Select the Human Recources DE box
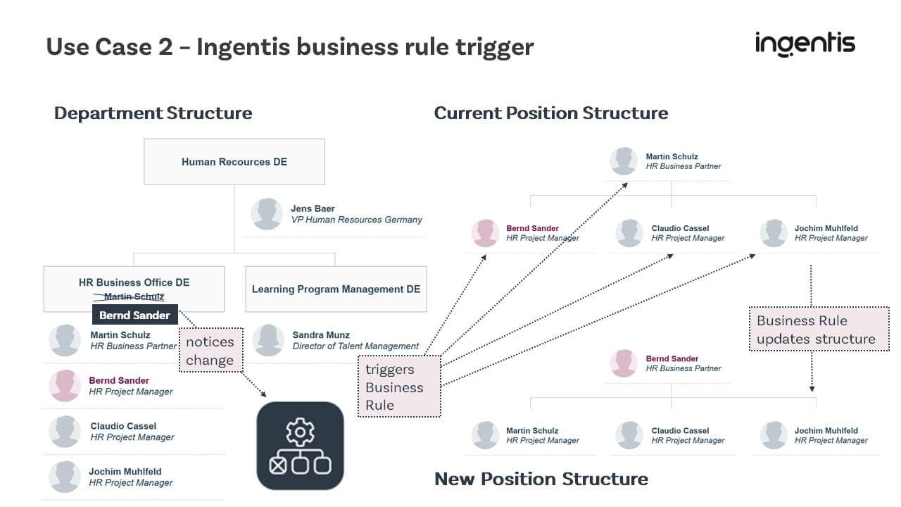coord(234,161)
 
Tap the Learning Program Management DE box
coord(336,289)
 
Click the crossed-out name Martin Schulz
coord(134,296)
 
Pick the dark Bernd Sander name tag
coord(134,315)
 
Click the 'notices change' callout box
coord(210,351)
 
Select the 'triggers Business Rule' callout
coord(399,387)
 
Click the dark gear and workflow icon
coord(301,445)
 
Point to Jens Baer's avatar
coord(267,213)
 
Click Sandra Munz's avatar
coord(267,340)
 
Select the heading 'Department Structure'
coord(153,113)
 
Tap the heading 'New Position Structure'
coord(541,479)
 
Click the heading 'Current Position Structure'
coord(550,113)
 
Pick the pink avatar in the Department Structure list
coord(65,385)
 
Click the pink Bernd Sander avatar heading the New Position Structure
coord(624,363)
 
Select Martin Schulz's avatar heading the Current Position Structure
coord(624,161)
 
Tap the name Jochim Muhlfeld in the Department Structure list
coord(125,471)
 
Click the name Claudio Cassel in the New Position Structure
coord(680,430)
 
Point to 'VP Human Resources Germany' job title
coord(356,220)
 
